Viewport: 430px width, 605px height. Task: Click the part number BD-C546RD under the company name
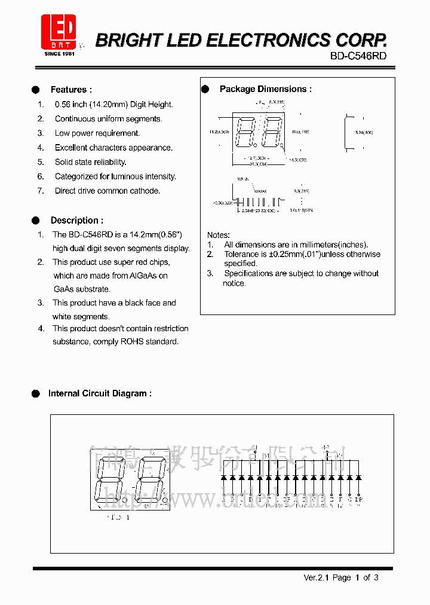[x=358, y=56]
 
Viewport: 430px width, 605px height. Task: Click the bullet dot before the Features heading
[x=36, y=90]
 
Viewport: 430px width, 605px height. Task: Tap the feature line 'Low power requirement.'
[x=97, y=133]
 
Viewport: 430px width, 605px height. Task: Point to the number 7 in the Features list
[x=41, y=191]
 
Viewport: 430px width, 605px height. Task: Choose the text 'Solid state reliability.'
[x=90, y=162]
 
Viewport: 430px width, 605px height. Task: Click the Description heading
[x=76, y=221]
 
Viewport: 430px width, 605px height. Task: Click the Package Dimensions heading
[x=265, y=89]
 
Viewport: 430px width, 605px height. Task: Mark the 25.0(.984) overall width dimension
[x=257, y=163]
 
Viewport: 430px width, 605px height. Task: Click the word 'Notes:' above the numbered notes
[x=218, y=235]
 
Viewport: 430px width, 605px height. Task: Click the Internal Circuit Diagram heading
[x=99, y=393]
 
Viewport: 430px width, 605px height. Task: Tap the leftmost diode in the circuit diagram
[x=223, y=477]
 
